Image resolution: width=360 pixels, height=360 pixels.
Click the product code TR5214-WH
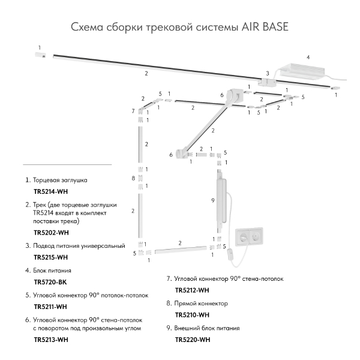pos(50,192)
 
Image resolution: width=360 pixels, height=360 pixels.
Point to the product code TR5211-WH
pos(50,306)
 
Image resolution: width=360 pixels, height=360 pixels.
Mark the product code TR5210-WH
pos(192,314)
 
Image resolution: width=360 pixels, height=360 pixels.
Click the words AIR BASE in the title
pos(265,27)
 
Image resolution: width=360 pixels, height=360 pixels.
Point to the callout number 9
pos(212,200)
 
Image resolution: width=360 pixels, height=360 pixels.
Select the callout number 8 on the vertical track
pos(133,178)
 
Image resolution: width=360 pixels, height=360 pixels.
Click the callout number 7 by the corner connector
pos(133,111)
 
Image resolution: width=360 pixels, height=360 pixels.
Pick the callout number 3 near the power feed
pos(268,74)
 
